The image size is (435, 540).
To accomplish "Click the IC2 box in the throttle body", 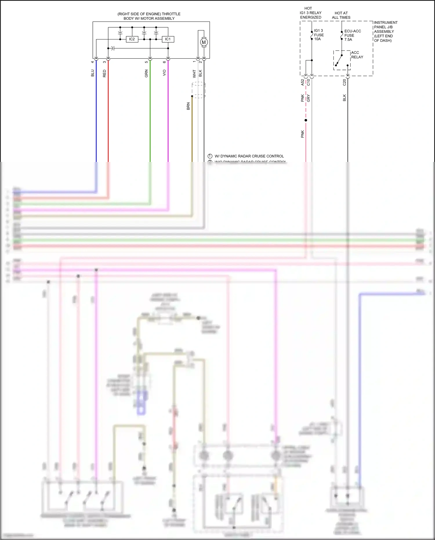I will pyautogui.click(x=132, y=39).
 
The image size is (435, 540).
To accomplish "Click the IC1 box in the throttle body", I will pyautogui.click(x=168, y=39).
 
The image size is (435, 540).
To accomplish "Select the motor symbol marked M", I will pyautogui.click(x=204, y=42).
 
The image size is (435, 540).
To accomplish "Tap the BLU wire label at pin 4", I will pyautogui.click(x=93, y=73).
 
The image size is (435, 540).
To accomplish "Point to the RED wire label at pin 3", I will pyautogui.click(x=104, y=73).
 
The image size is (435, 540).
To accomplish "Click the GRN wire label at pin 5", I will pyautogui.click(x=146, y=73).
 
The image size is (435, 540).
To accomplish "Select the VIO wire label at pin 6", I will pyautogui.click(x=164, y=73).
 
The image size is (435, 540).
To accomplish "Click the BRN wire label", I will pyautogui.click(x=188, y=106).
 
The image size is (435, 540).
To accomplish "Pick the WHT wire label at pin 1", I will pyautogui.click(x=194, y=74).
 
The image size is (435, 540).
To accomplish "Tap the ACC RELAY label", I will pyautogui.click(x=357, y=55).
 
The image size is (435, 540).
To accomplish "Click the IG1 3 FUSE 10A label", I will pyautogui.click(x=319, y=35).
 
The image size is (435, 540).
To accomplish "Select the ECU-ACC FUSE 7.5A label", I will pyautogui.click(x=352, y=35).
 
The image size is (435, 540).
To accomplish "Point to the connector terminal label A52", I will pyautogui.click(x=302, y=82).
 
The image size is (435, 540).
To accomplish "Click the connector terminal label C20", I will pyautogui.click(x=345, y=82).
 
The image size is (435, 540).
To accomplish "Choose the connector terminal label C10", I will pyautogui.click(x=309, y=82).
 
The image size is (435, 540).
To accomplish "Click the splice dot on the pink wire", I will pyautogui.click(x=306, y=120).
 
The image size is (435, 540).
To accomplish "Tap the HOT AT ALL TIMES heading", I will pyautogui.click(x=341, y=15).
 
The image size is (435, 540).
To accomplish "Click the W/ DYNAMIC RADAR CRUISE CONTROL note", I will pyautogui.click(x=249, y=156).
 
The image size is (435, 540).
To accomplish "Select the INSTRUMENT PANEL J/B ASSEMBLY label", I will pyautogui.click(x=385, y=31).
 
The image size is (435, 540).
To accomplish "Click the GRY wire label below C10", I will pyautogui.click(x=309, y=98).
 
